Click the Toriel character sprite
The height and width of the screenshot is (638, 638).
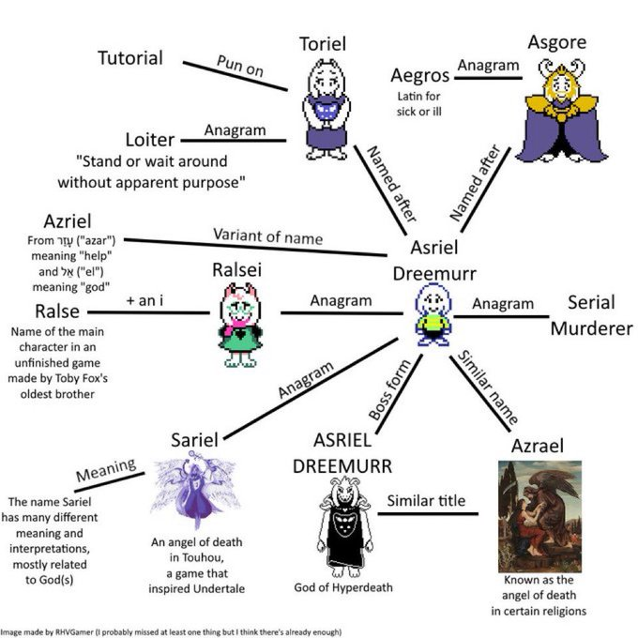tap(326, 109)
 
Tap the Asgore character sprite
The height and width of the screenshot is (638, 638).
tap(561, 111)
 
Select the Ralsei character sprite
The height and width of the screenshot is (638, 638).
tap(240, 325)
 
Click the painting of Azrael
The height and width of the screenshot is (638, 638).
tap(539, 517)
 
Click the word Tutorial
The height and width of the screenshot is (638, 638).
tap(130, 58)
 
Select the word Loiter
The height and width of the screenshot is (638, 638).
tap(150, 140)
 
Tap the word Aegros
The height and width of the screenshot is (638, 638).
tap(420, 76)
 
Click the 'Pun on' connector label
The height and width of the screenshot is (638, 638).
tap(240, 66)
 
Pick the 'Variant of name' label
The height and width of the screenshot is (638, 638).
tap(268, 236)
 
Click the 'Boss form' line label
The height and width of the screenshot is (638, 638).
tap(389, 389)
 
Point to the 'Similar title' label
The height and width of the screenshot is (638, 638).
tap(426, 500)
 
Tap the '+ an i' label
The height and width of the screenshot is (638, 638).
tap(144, 300)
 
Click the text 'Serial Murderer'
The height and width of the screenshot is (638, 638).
tap(592, 315)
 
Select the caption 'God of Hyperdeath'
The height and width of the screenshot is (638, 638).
tap(343, 587)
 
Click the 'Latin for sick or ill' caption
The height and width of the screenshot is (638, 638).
tap(419, 104)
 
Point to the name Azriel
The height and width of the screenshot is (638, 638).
tap(68, 221)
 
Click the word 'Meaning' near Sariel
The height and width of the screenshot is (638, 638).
tap(106, 470)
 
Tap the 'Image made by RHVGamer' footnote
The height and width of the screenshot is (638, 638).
tap(171, 631)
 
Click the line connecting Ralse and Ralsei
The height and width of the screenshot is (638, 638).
tap(148, 312)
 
